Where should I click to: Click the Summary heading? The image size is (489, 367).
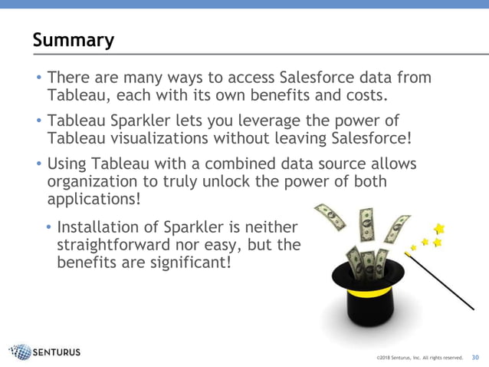(x=74, y=40)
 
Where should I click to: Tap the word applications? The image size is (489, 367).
(x=94, y=200)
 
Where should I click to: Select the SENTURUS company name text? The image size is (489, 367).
(x=57, y=353)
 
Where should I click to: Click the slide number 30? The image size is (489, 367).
(x=475, y=357)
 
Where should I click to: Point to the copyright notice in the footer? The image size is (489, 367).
(x=419, y=358)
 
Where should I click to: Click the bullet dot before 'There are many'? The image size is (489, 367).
(x=38, y=78)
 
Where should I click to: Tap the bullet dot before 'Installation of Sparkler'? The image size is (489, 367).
(x=49, y=229)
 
